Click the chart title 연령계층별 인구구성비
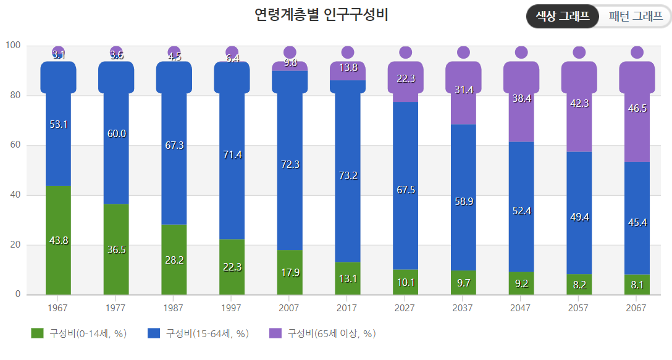tap(321, 15)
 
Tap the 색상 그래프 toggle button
tap(562, 16)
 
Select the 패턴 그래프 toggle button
tap(636, 16)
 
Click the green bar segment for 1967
tap(58, 240)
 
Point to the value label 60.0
tap(117, 134)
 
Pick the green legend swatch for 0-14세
tap(37, 333)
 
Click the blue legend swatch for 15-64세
tap(154, 333)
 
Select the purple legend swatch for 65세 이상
tap(275, 333)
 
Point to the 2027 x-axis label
tap(405, 308)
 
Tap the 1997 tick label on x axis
tap(231, 308)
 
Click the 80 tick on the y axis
tap(15, 95)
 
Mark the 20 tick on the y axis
tap(15, 245)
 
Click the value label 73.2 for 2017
tap(348, 175)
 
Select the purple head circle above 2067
tap(637, 52)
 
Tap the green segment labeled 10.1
tap(405, 282)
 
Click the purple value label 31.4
tap(464, 90)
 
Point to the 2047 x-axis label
tap(520, 308)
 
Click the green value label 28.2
tap(174, 260)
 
